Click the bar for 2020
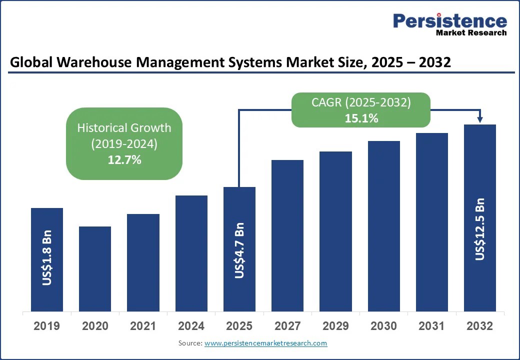tap(95, 268)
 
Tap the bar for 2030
tap(384, 226)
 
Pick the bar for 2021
tap(143, 262)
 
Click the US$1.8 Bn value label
tap(47, 258)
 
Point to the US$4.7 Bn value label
tap(239, 250)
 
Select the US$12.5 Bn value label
tap(480, 229)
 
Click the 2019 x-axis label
tap(46, 326)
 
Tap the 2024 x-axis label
tap(191, 326)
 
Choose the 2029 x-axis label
tap(335, 326)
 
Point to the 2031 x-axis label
tap(431, 326)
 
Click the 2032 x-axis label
tap(479, 326)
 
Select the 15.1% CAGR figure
tap(361, 118)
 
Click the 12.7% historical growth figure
tap(124, 160)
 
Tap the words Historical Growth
tap(124, 127)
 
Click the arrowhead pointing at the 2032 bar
tap(480, 119)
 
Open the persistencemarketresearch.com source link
tap(265, 343)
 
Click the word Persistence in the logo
tap(450, 20)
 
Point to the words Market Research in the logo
tap(471, 32)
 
